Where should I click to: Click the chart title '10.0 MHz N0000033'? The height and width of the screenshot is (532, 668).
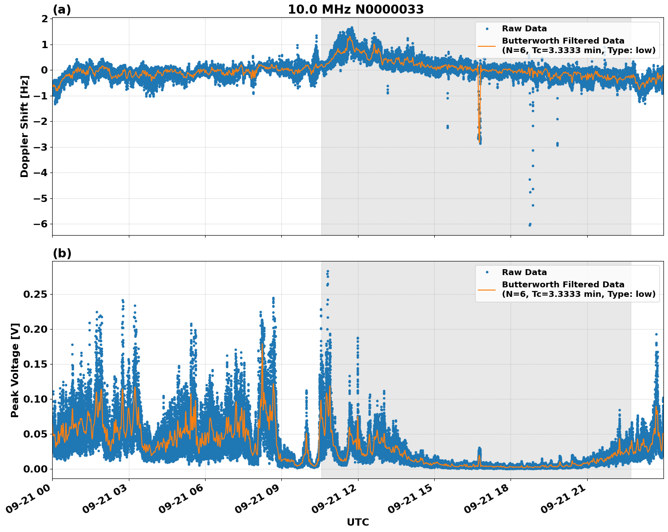(x=356, y=10)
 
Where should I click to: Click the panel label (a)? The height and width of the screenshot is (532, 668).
(x=62, y=10)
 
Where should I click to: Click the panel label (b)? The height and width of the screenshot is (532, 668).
(x=62, y=253)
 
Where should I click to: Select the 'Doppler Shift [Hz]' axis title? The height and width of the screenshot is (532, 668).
(x=25, y=126)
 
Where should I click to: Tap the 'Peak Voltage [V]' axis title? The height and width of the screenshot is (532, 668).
(x=15, y=370)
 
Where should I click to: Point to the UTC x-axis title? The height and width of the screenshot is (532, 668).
(x=358, y=522)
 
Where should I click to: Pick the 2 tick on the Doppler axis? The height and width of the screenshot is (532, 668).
(x=44, y=19)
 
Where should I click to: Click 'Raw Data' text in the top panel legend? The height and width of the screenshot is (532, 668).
(x=524, y=29)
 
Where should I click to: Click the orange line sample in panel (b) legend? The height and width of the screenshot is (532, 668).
(x=486, y=290)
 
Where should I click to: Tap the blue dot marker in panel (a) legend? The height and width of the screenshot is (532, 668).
(x=486, y=29)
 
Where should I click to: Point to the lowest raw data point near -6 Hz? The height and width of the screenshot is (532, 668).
(x=529, y=225)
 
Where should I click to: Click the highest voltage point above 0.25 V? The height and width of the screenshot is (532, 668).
(x=327, y=271)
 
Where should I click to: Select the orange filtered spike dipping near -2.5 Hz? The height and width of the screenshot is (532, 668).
(x=479, y=123)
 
